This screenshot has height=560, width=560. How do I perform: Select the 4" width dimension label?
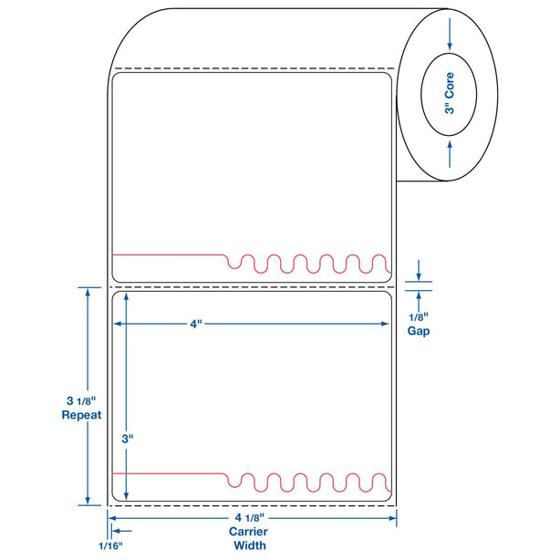pyautogui.click(x=196, y=323)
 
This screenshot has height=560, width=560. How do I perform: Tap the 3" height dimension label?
pyautogui.click(x=128, y=438)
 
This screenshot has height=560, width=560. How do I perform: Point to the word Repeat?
pyautogui.click(x=80, y=414)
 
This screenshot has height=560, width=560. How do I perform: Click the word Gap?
pyautogui.click(x=419, y=331)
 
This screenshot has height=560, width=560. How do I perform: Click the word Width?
pyautogui.click(x=249, y=545)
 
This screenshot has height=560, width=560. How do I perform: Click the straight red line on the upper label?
pyautogui.click(x=169, y=254)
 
